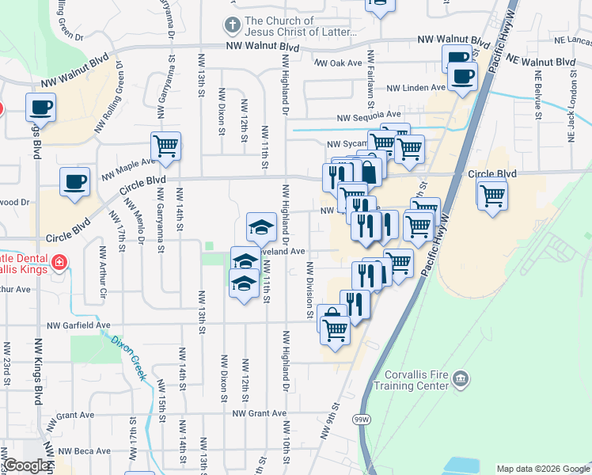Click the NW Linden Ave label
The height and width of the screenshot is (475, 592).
click(416, 88)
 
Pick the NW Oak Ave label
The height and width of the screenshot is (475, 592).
click(338, 63)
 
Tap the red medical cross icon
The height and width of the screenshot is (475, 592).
click(59, 262)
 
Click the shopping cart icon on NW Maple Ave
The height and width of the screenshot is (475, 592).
click(165, 146)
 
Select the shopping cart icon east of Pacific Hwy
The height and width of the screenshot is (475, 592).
click(491, 193)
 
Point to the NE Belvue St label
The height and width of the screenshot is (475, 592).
click(537, 94)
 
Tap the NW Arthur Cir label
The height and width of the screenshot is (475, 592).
click(102, 273)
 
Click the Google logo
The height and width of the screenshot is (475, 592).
click(27, 466)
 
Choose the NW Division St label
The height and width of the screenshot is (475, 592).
click(309, 290)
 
